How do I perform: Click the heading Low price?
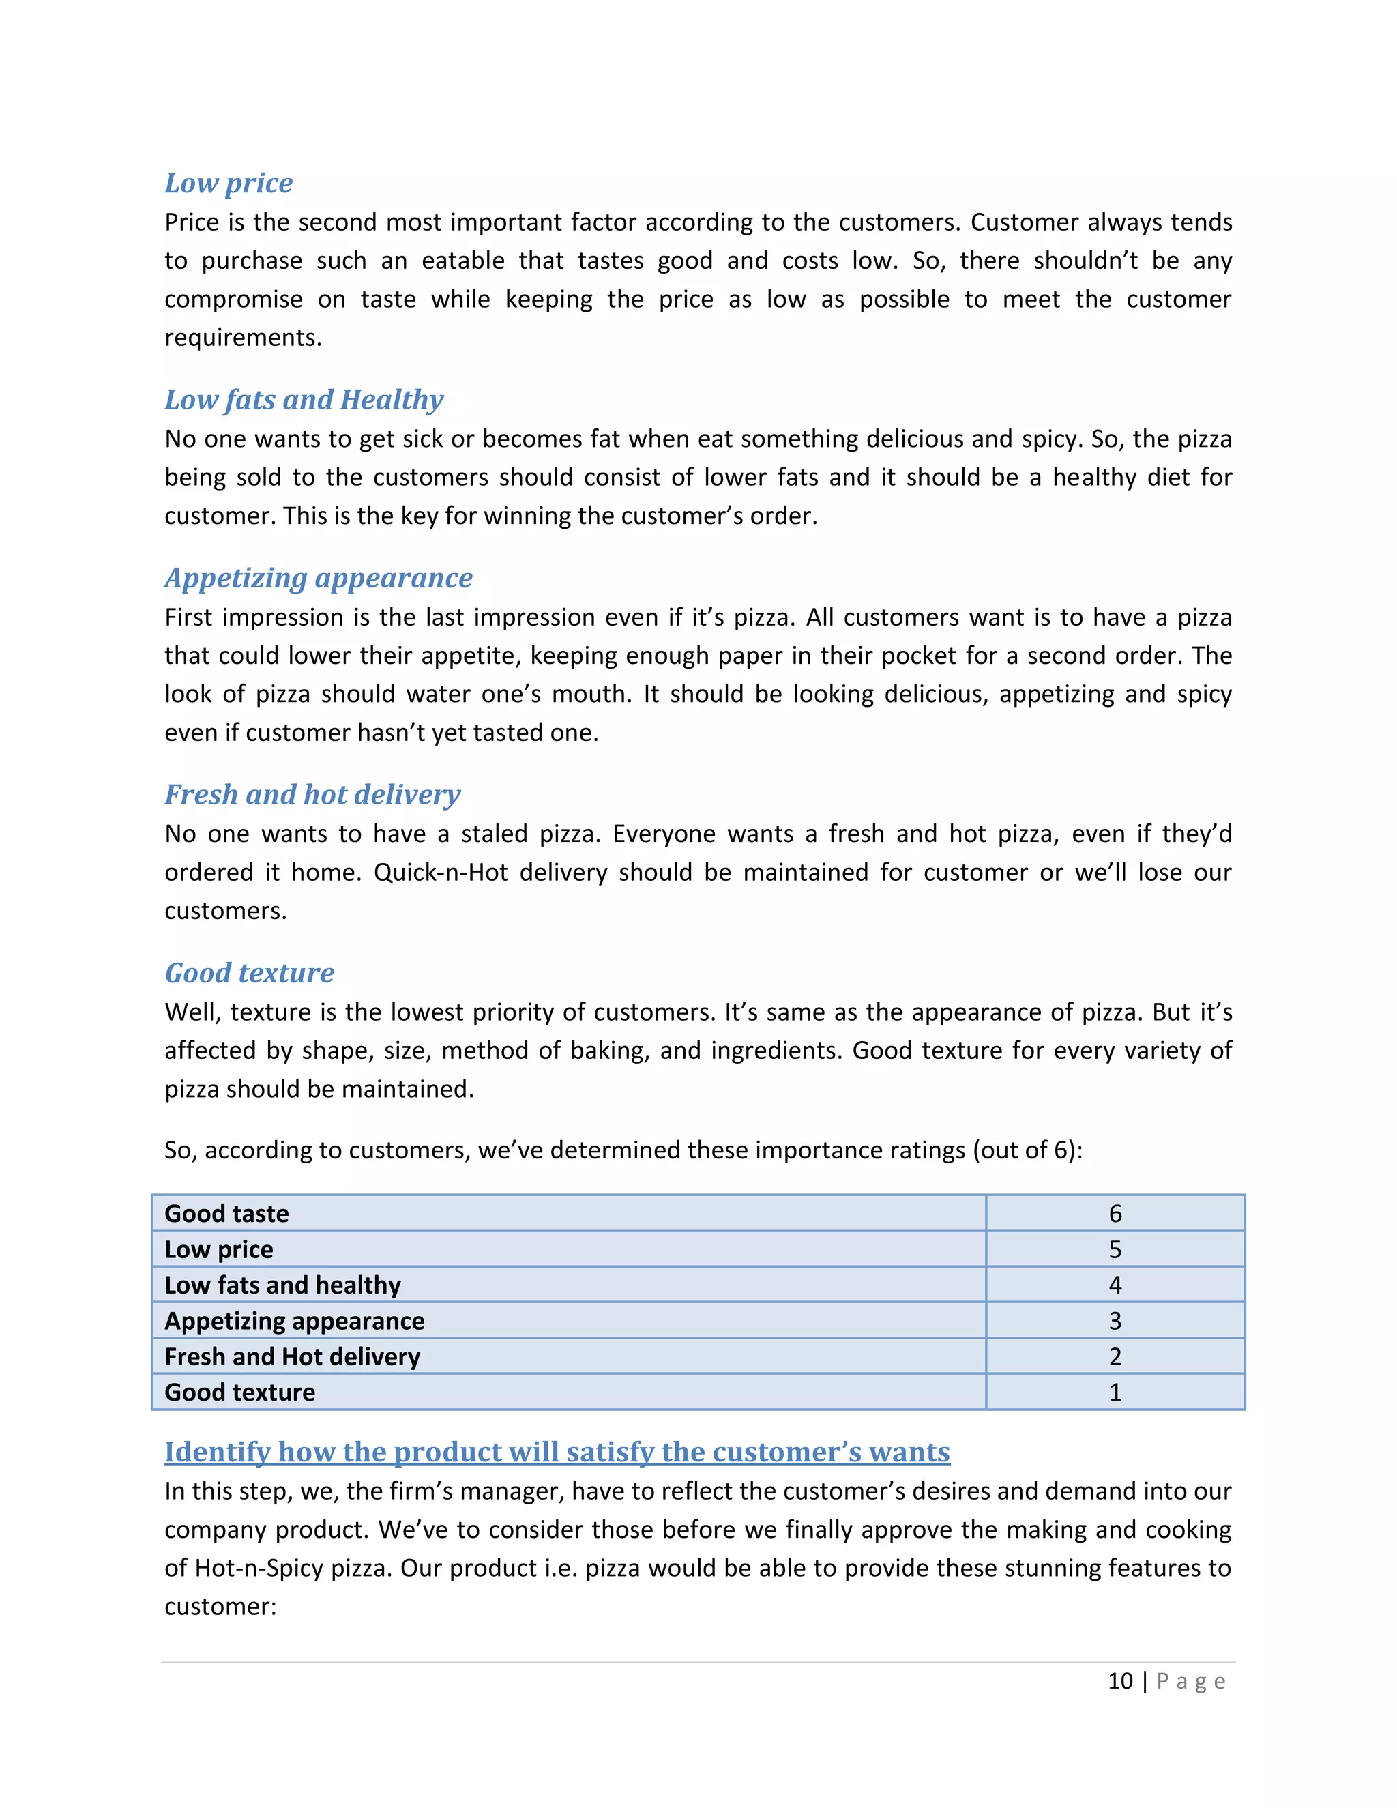(x=229, y=183)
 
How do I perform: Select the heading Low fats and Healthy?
(x=304, y=400)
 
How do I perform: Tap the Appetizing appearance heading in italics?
(x=318, y=578)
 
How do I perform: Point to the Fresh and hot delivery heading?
(x=312, y=795)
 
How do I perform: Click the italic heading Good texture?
(x=249, y=973)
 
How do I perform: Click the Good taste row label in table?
(x=226, y=1214)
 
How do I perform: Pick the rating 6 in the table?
(x=1115, y=1214)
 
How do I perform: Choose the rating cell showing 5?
(x=1115, y=1249)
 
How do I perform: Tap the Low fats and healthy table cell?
(x=282, y=1285)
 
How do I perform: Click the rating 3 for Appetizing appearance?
(x=1115, y=1320)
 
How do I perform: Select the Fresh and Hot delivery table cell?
(x=292, y=1356)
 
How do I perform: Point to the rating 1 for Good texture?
(x=1115, y=1393)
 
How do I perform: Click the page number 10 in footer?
(x=1120, y=1681)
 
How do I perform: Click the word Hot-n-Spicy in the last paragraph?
(x=259, y=1568)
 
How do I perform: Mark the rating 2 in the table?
(x=1115, y=1356)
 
